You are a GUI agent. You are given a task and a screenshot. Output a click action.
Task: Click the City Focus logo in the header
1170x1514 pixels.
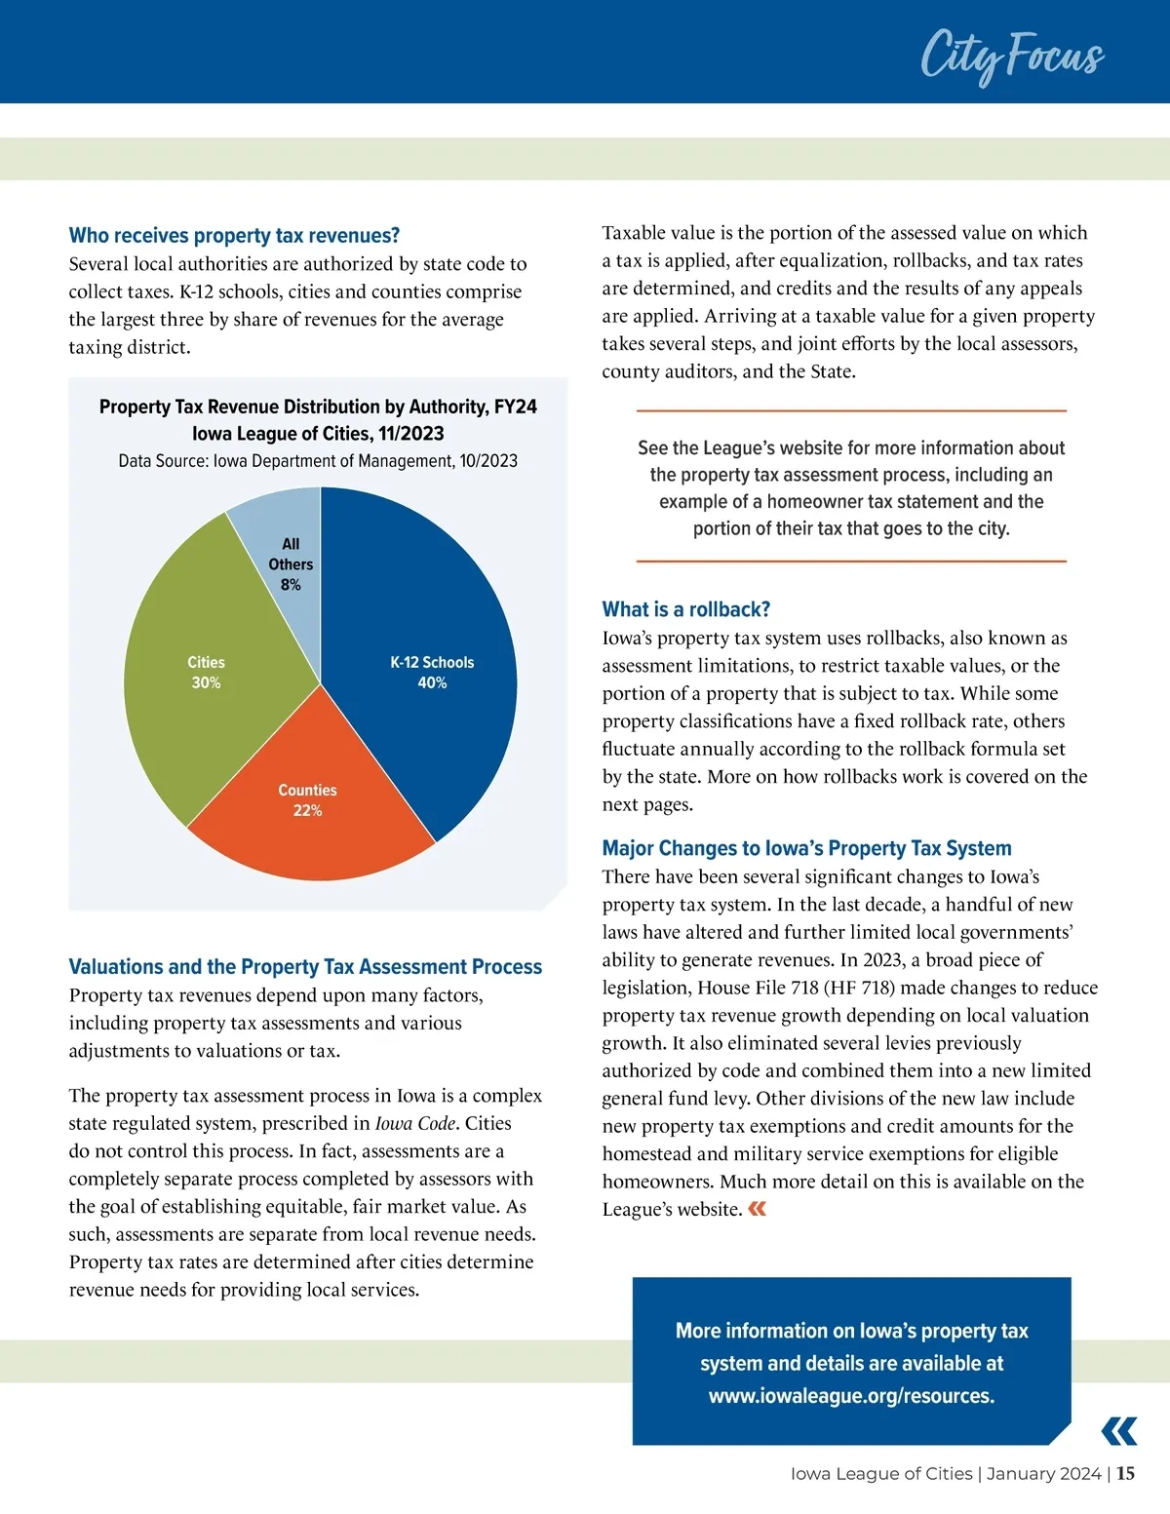[x=1012, y=56]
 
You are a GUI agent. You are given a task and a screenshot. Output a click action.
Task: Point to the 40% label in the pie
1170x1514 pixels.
[x=432, y=683]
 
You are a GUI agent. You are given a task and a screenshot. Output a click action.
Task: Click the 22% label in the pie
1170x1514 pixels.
[x=307, y=811]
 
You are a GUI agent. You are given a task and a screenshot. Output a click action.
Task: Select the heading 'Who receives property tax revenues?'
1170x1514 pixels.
[x=234, y=236]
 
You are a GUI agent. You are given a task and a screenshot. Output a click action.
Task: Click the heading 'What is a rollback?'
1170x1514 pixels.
[x=685, y=610]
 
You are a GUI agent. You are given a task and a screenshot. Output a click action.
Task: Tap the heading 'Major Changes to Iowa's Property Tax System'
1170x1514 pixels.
[x=806, y=848]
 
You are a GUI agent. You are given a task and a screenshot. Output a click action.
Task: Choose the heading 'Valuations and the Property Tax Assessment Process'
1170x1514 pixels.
[x=305, y=967]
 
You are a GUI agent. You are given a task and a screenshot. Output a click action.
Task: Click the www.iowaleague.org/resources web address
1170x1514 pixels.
[x=851, y=1396]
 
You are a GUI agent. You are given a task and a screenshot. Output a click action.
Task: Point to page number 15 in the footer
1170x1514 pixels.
[x=1125, y=1474]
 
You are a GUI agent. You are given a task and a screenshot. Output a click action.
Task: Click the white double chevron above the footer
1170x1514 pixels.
[x=1118, y=1431]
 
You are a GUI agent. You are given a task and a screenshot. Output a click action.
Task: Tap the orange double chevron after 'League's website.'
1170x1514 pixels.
[x=757, y=1209]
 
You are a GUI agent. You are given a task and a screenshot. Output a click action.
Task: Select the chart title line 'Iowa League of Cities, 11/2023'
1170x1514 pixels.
[x=318, y=434]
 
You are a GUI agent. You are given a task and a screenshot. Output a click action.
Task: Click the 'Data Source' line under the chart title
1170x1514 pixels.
[x=318, y=461]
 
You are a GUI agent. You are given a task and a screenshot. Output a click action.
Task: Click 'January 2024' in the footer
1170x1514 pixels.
[x=1043, y=1474]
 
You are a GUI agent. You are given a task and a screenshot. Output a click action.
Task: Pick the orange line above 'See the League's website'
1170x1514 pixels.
[x=851, y=411]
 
